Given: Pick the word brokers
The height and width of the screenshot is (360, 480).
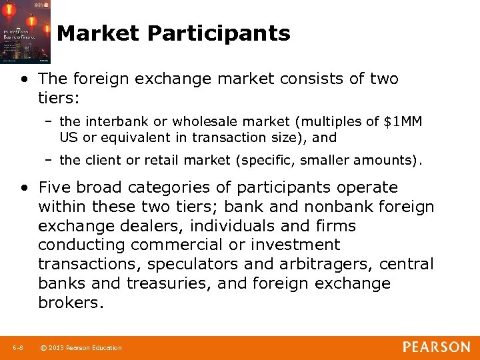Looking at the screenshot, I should point(71,303).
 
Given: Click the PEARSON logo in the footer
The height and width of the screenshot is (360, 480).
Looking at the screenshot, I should point(435,347).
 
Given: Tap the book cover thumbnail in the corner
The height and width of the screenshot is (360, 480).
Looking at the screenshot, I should point(25,31).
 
